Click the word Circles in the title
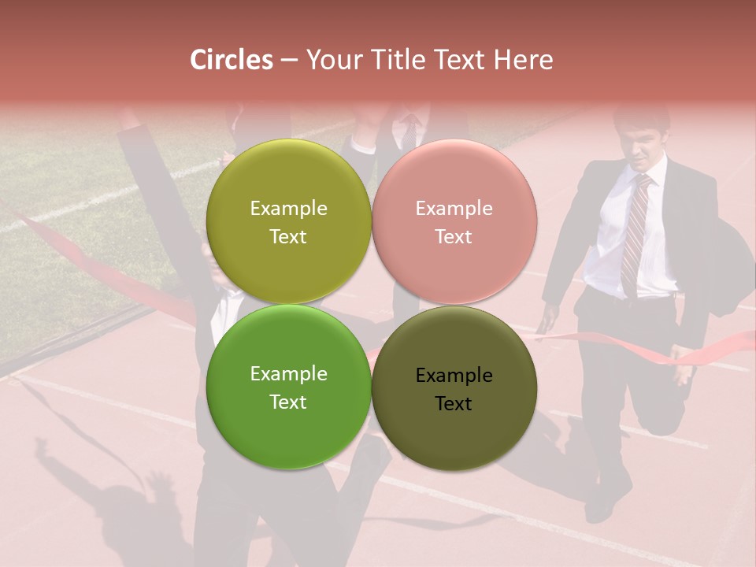pos(232,60)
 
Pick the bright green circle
pos(288,425)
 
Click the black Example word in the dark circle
pos(454,376)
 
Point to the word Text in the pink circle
pos(454,236)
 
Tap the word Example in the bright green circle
pos(288,374)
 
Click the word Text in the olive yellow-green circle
pos(288,236)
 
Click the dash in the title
pos(289,60)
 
